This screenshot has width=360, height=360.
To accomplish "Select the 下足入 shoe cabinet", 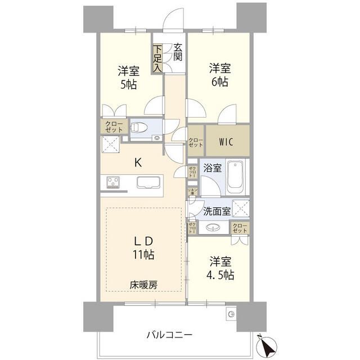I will pyautogui.click(x=159, y=58).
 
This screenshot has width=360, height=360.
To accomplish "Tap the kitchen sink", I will pyautogui.click(x=147, y=183).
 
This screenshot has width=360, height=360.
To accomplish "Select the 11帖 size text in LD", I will pyautogui.click(x=144, y=254).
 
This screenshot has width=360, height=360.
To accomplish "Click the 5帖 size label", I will pyautogui.click(x=128, y=85).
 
